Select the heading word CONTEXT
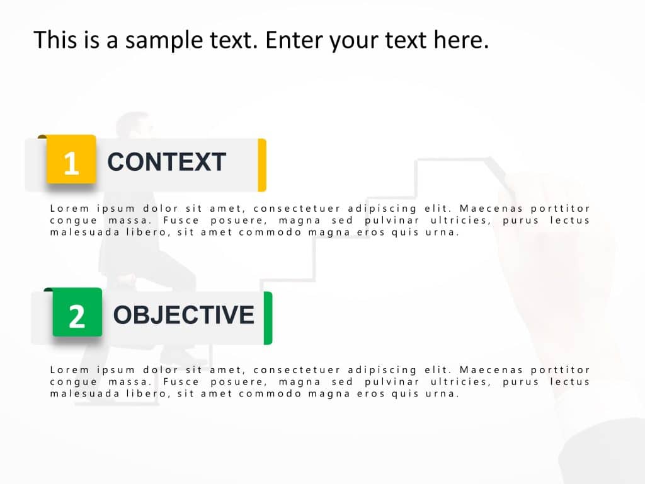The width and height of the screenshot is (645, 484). coord(166,163)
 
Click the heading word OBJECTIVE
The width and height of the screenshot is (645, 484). coord(183,314)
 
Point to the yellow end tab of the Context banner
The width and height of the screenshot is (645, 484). coord(262,164)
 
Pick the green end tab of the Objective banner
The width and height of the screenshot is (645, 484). coord(268,318)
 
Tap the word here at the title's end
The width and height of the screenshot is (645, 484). coord(460,41)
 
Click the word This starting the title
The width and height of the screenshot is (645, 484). coord(55,41)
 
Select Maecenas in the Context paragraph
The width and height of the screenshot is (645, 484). coord(489,209)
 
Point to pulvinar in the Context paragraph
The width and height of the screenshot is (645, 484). coord(391,221)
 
